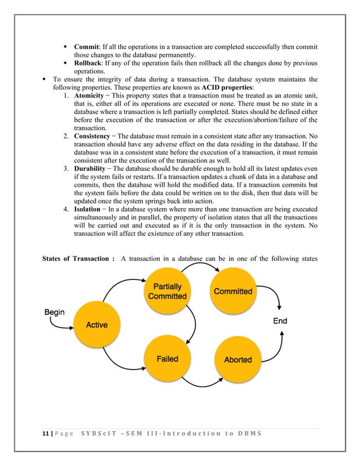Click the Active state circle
(96, 324)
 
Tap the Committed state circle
(232, 291)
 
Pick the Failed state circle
(167, 359)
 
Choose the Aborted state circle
(238, 359)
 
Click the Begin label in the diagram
(55, 311)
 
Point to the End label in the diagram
(280, 320)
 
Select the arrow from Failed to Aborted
(202, 384)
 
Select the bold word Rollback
(89, 63)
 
